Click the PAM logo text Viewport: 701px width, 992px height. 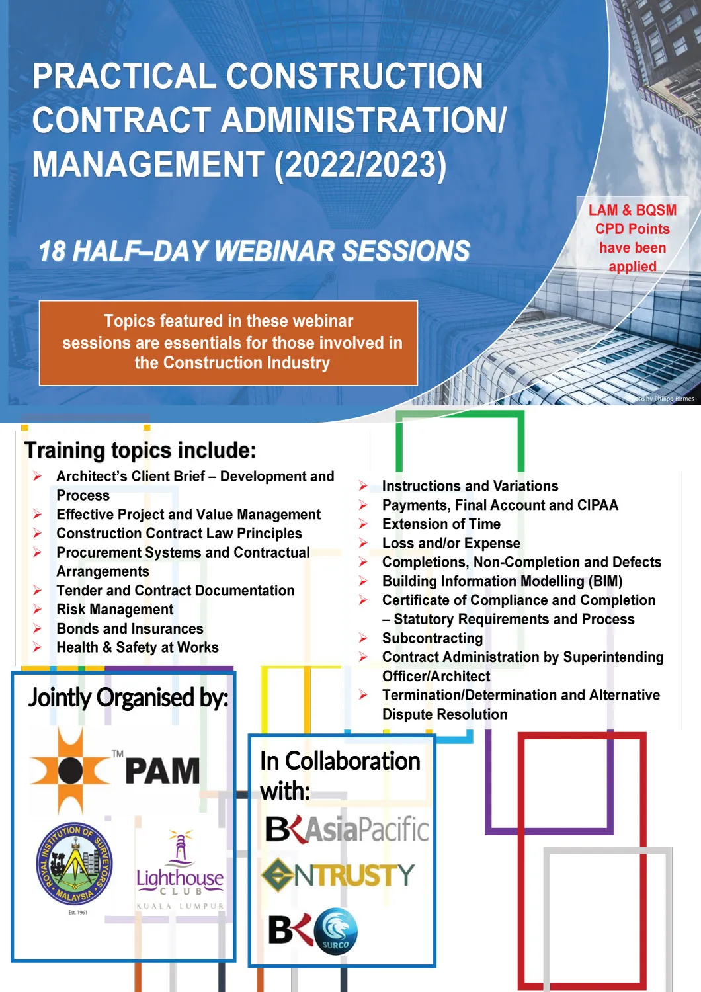tap(163, 771)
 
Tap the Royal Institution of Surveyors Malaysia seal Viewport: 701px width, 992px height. tap(74, 864)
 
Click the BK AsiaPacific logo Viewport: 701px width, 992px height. tap(347, 829)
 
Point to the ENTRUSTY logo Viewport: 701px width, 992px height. tap(338, 875)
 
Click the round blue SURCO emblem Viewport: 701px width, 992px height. tap(336, 931)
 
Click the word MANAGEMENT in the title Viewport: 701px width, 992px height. tap(149, 164)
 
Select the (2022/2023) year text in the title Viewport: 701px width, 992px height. tap(360, 165)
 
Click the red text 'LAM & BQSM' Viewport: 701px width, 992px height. tap(632, 210)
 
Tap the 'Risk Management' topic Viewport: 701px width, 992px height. tap(115, 609)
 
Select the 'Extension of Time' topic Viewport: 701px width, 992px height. tap(442, 524)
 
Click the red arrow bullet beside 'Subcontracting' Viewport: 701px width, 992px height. tap(363, 638)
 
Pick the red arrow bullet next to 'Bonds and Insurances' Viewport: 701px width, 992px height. tap(37, 628)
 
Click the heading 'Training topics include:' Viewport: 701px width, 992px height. tap(140, 450)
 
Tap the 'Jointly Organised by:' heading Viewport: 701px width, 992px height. tap(128, 697)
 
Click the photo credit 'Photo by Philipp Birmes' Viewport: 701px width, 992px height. tap(662, 399)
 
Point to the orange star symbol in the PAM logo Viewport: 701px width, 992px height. tap(70, 770)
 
